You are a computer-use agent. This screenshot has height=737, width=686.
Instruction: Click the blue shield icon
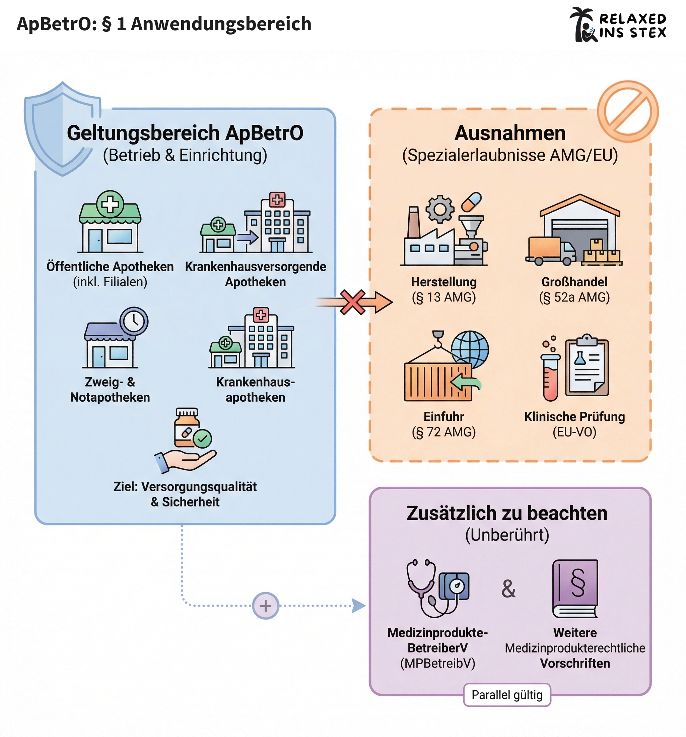tap(61, 128)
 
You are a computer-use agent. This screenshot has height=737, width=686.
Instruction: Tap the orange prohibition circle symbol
tap(627, 111)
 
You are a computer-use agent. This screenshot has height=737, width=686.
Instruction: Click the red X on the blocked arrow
tap(352, 302)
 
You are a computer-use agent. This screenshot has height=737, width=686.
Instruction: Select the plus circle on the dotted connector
tap(266, 606)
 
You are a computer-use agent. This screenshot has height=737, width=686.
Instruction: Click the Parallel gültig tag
tap(507, 695)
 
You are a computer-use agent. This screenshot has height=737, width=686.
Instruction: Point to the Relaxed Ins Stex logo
tap(618, 25)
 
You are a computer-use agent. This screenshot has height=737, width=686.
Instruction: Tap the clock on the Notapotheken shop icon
tap(134, 321)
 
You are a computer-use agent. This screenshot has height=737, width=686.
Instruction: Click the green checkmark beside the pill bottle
tap(202, 439)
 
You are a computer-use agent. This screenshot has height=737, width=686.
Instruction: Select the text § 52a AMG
tap(574, 297)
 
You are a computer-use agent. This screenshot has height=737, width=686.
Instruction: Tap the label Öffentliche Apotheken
tap(110, 267)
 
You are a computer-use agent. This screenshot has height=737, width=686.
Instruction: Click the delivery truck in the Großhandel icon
tap(550, 251)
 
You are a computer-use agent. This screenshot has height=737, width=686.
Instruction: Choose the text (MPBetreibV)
tap(437, 663)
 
